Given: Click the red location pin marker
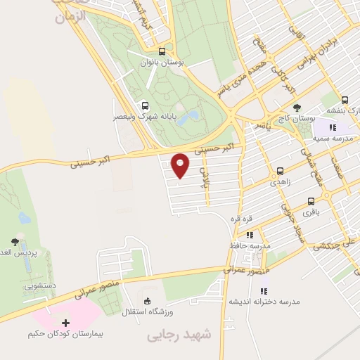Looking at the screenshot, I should click(181, 165).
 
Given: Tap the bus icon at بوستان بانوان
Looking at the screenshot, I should click(162, 51).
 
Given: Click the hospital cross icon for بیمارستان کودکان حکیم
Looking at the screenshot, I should click(66, 323).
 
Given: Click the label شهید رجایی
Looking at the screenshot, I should click(179, 337).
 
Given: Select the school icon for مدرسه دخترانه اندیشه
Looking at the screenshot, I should click(264, 290).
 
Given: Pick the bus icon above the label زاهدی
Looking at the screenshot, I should click(281, 171).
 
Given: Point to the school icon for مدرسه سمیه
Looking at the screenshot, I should click(332, 127).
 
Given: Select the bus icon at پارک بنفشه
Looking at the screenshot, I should click(345, 101).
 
